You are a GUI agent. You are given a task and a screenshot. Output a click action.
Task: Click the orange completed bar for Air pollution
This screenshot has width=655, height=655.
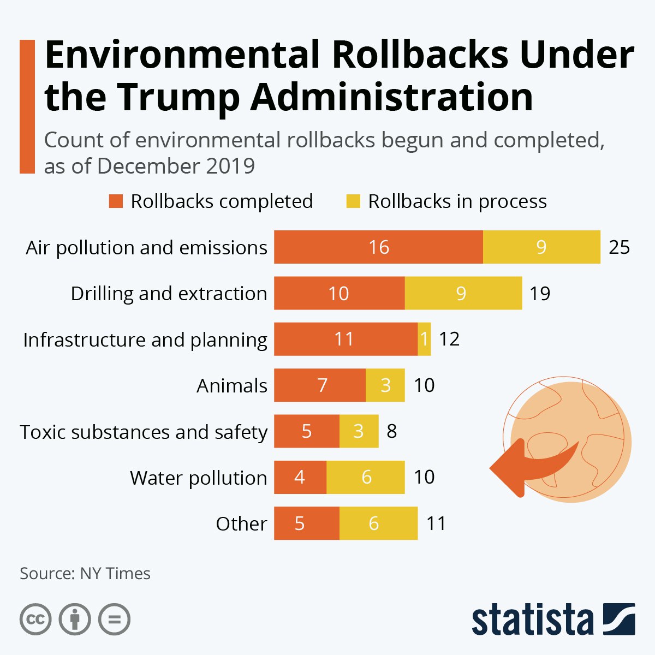click(378, 247)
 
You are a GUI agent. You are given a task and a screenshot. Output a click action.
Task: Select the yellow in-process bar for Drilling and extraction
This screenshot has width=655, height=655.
click(463, 293)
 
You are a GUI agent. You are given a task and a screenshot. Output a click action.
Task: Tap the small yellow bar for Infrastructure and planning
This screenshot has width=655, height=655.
click(424, 339)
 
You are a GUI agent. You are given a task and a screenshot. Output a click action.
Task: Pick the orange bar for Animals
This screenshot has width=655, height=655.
click(320, 385)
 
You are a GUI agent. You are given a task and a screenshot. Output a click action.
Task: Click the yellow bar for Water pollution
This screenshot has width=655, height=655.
click(366, 477)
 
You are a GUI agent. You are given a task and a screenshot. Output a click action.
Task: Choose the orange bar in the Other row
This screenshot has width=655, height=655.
click(306, 523)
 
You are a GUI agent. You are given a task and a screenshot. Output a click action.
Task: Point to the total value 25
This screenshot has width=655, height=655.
click(619, 247)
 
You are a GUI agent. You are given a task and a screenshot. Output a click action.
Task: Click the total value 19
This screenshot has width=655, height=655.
click(539, 294)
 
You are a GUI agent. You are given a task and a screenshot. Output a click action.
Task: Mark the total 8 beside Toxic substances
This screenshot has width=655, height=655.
click(391, 431)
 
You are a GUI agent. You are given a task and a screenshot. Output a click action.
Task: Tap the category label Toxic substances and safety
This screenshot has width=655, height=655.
click(144, 432)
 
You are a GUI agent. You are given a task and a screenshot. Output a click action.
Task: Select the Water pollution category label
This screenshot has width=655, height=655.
click(198, 478)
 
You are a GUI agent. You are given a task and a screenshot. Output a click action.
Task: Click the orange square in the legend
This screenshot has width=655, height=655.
click(116, 201)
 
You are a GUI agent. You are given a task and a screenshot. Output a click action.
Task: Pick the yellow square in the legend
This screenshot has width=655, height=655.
click(353, 201)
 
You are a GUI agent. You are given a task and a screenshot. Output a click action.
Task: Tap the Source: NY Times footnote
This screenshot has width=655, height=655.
click(85, 574)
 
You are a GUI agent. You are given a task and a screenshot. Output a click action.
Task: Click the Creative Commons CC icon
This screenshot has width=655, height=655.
click(35, 619)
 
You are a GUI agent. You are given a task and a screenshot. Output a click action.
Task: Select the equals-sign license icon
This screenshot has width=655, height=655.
click(114, 619)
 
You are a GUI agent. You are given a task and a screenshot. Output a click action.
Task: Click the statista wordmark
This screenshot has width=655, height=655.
click(532, 620)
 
